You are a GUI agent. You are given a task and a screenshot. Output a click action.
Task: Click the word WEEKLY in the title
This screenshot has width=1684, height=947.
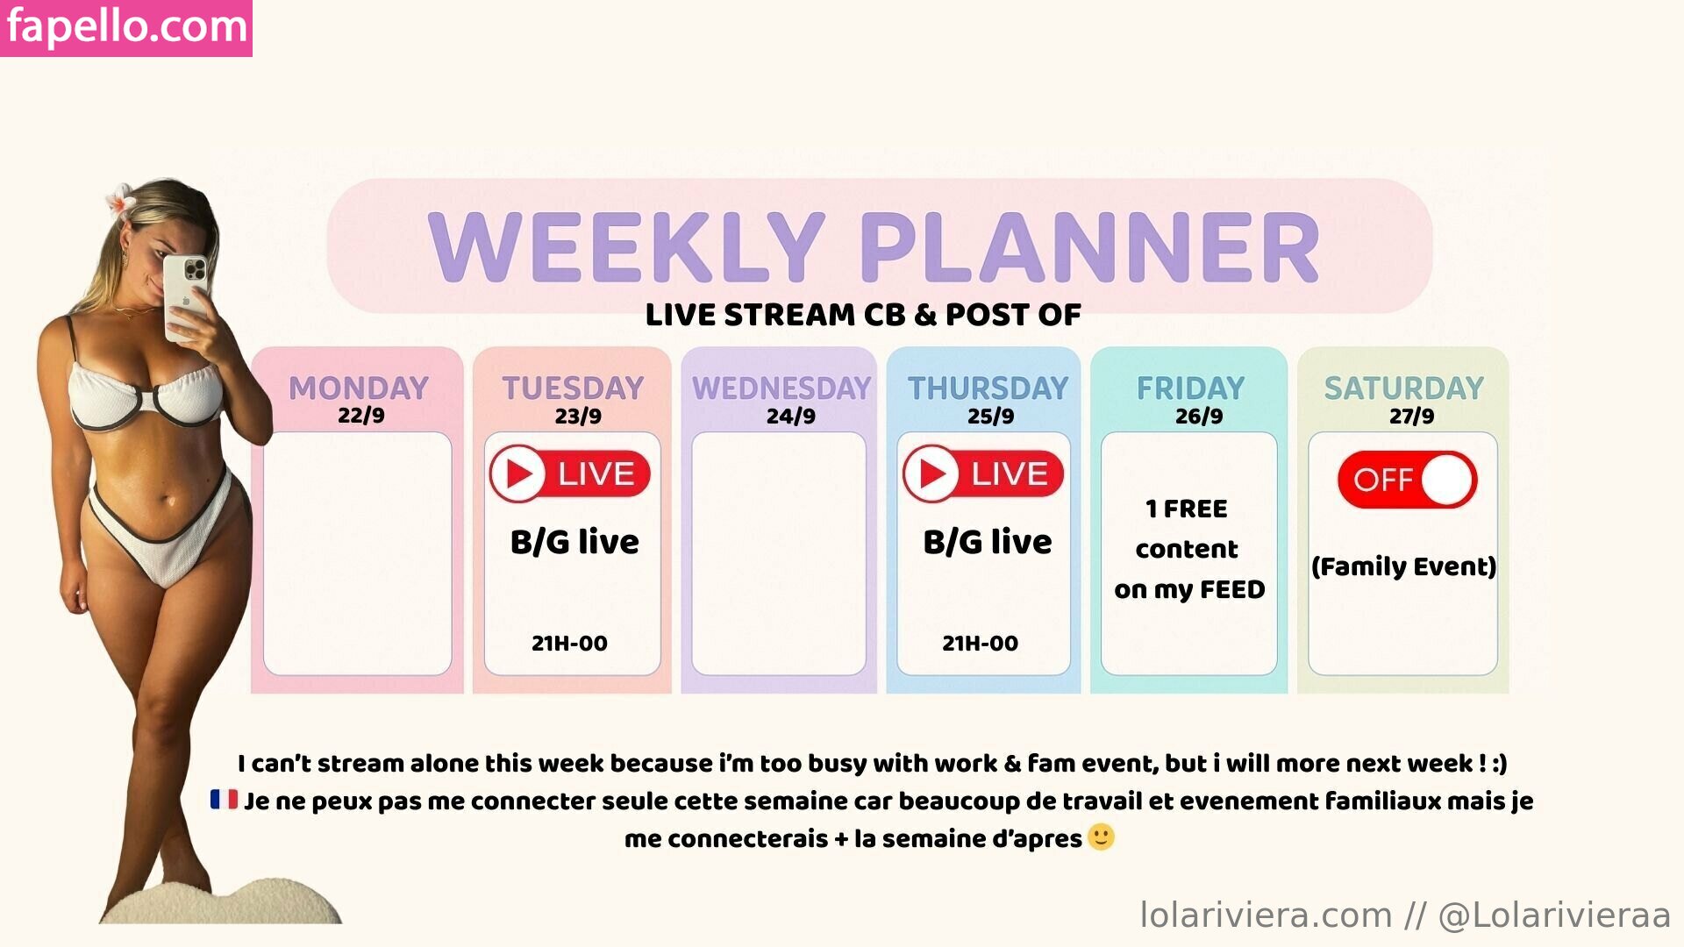[626, 247]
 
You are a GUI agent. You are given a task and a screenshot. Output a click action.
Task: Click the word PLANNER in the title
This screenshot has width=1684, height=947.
[1090, 247]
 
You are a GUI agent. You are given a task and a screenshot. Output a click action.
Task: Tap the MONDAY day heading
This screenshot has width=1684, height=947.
[359, 388]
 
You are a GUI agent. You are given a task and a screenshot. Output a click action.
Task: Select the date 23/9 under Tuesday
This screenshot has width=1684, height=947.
[578, 416]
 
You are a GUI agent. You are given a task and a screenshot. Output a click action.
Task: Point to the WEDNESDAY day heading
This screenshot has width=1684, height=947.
[781, 388]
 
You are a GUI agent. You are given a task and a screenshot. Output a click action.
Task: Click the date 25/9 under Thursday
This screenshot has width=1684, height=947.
[990, 416]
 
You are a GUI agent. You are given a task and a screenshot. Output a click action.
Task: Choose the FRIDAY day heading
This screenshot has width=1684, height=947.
[1191, 388]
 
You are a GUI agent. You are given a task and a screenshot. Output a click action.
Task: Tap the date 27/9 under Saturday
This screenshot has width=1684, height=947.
[1411, 416]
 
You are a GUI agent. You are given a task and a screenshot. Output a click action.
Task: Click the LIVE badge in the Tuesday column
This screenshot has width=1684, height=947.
[570, 473]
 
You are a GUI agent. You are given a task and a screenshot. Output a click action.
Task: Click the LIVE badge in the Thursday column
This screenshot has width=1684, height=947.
[983, 473]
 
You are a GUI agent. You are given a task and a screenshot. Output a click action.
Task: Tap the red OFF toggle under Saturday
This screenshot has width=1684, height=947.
[1408, 480]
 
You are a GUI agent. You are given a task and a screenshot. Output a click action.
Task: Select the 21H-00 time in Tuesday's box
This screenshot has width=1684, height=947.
[569, 644]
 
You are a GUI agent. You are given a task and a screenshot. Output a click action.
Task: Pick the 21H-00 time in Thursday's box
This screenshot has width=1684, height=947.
[980, 644]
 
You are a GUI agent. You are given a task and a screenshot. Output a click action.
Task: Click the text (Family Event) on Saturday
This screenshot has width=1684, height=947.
[1403, 566]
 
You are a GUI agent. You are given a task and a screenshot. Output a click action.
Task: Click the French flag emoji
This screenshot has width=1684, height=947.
[224, 800]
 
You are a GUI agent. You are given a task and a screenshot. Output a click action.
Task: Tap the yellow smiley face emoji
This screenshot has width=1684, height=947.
[1101, 837]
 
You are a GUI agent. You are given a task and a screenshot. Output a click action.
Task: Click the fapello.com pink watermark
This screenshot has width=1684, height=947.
[126, 28]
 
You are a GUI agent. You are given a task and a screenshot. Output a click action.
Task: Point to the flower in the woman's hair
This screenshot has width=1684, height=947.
[120, 202]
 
